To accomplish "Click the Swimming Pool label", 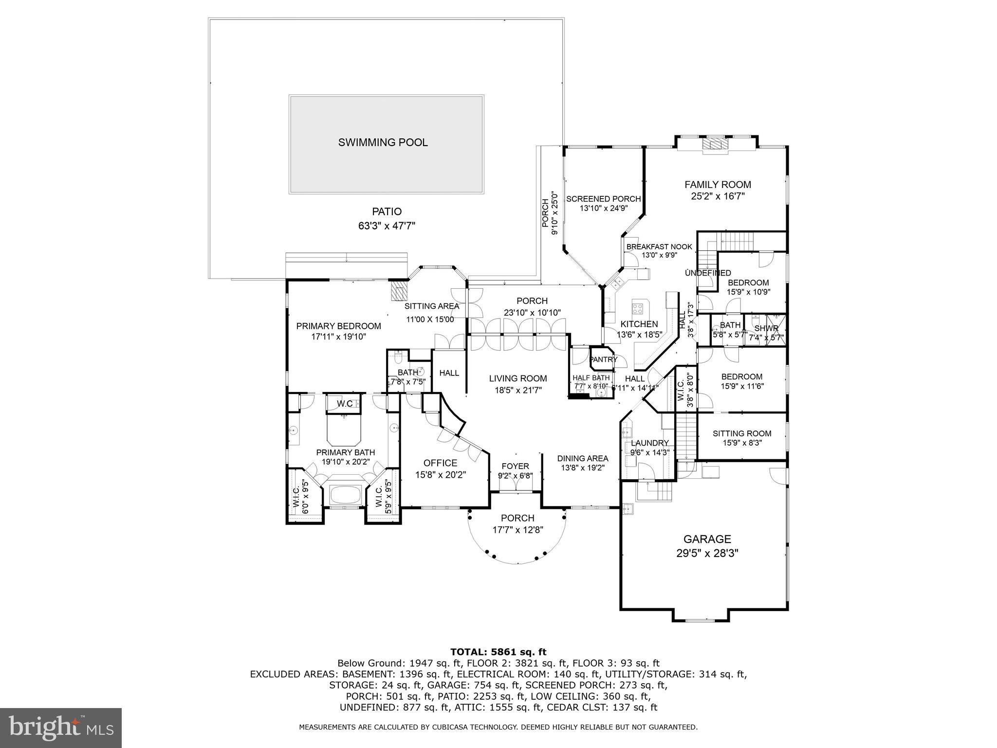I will point(383,143).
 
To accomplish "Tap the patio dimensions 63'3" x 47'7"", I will point(387,226).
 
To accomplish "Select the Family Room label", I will point(718,185).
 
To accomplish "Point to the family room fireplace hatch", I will point(716,144).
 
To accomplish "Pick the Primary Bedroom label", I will point(338,326).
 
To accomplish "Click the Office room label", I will point(440,463).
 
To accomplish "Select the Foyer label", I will point(515,466).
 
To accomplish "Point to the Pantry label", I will point(603,360).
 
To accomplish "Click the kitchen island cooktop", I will point(638,308).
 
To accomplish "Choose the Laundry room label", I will point(650,443).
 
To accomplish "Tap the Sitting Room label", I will point(742,433).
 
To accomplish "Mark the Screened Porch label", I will point(603,199).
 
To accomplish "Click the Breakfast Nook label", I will point(659,247).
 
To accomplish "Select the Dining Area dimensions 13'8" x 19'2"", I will point(583,468).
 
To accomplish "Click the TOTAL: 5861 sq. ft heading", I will point(498,652).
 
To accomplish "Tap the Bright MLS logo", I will point(61,728).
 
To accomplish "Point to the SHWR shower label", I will point(766,329).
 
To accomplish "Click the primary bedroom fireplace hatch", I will point(399,291).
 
